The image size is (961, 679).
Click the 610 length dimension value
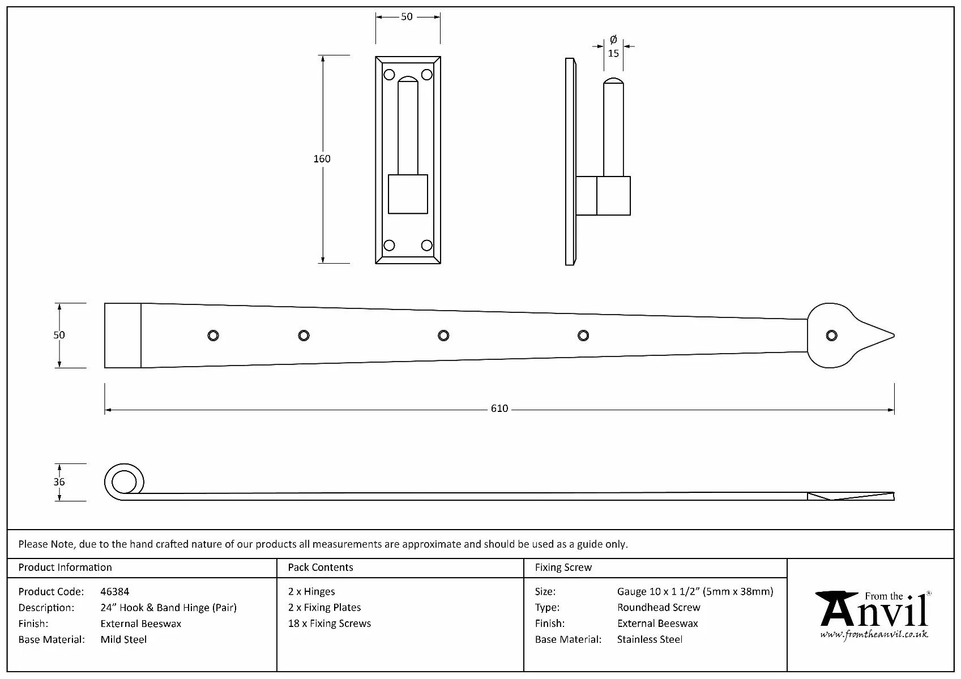coord(499,409)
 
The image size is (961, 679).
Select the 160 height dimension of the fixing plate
coord(322,159)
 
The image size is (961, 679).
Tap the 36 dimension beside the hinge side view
coord(59,482)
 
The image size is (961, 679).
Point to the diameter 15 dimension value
coord(613,53)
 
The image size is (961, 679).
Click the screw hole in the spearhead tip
coord(831,336)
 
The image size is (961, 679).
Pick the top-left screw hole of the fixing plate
coord(389,75)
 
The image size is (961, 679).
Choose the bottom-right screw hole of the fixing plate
coord(427,245)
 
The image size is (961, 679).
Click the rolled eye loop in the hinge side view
coord(123,483)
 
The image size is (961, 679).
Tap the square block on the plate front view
coord(408,194)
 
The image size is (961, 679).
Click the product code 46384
coord(114,592)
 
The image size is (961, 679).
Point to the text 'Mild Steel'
coord(123,640)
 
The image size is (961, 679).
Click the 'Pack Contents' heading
coord(320,568)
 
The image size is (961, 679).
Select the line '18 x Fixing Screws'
coord(329,624)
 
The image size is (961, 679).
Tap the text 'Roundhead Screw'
coord(659,608)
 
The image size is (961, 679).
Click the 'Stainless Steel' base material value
coord(650,640)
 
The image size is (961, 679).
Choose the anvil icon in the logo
coord(837,607)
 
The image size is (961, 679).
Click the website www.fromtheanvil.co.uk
coord(874,635)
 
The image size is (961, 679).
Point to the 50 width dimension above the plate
coord(407,17)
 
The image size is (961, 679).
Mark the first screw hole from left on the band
coord(213,336)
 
